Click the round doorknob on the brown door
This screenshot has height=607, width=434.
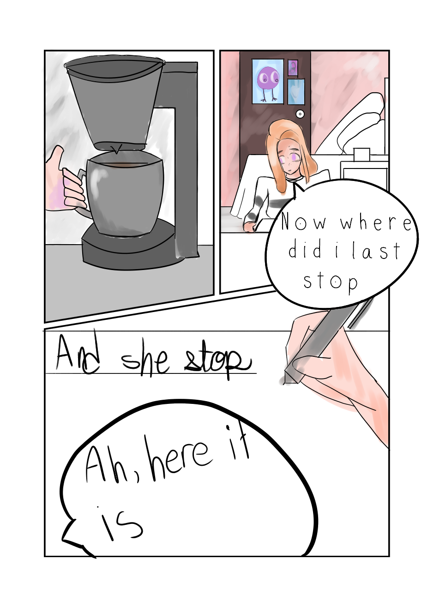pyautogui.click(x=300, y=114)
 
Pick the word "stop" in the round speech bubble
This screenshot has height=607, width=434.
pyautogui.click(x=330, y=282)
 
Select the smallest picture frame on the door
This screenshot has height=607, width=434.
pyautogui.click(x=293, y=68)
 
